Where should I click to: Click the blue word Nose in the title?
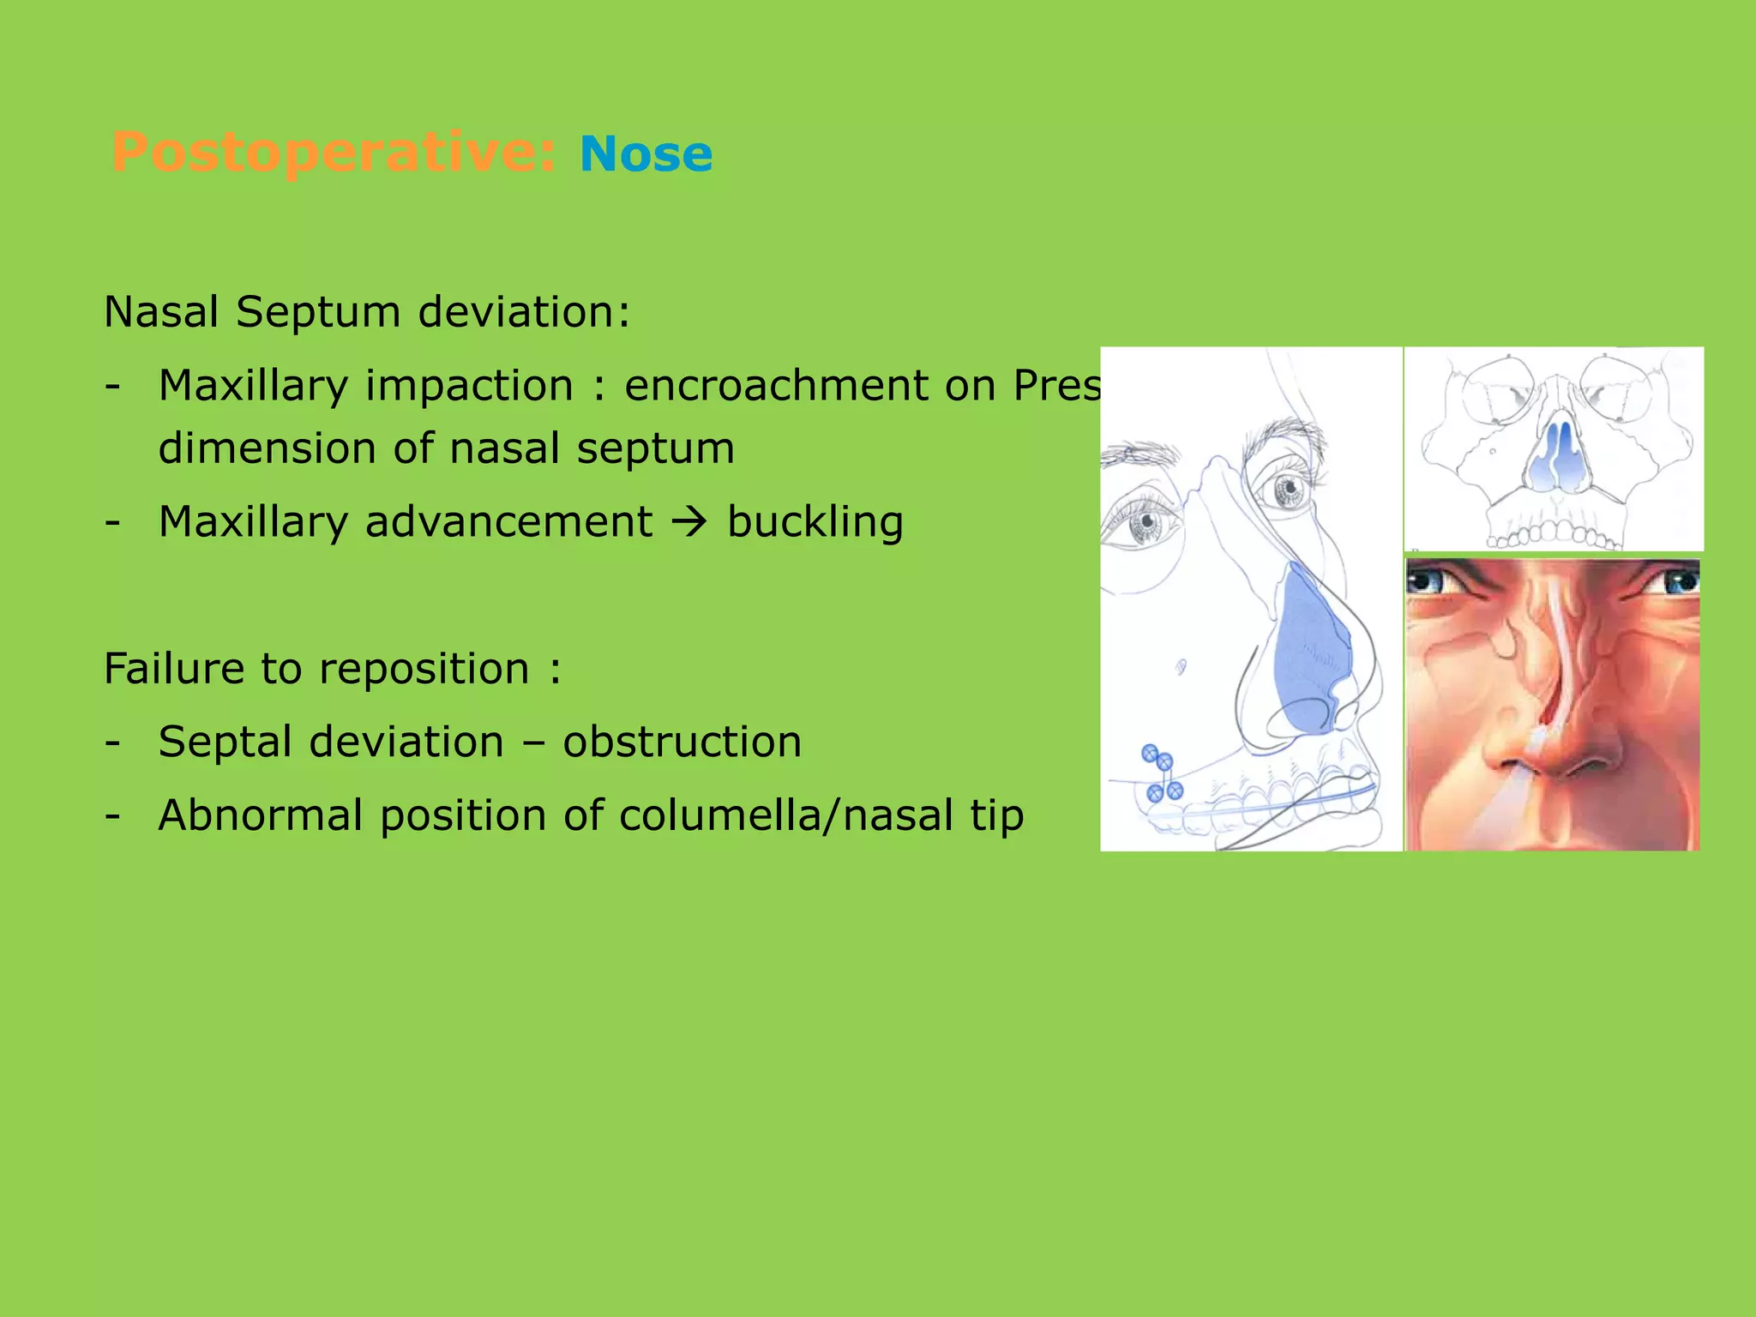point(646,155)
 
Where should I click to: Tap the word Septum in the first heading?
point(318,312)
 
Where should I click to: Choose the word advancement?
point(508,522)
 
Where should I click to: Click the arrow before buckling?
point(690,523)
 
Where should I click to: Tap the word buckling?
point(815,522)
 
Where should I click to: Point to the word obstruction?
point(682,742)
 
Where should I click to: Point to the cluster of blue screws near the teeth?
point(1162,773)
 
